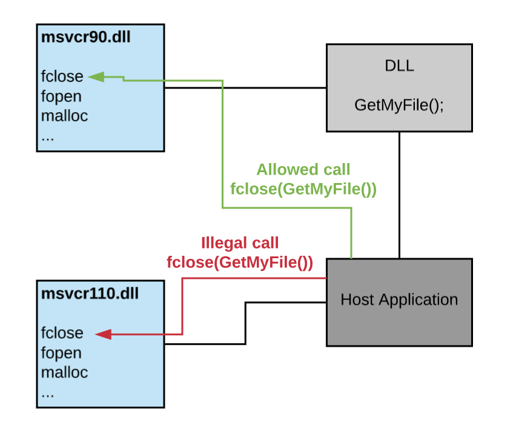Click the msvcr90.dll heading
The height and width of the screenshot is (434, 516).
click(x=85, y=38)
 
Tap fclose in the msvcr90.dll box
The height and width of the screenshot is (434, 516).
click(x=62, y=77)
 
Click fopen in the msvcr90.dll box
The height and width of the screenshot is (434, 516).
click(x=61, y=96)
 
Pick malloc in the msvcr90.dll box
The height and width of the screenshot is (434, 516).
click(x=64, y=116)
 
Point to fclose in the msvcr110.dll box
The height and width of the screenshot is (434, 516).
click(x=62, y=333)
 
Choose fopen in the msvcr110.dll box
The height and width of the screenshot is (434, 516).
click(x=61, y=353)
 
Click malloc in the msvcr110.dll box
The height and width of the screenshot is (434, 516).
click(x=64, y=372)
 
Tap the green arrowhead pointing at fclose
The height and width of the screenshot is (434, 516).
click(x=98, y=77)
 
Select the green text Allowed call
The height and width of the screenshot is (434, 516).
click(x=303, y=169)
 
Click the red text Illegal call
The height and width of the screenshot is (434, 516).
click(x=239, y=244)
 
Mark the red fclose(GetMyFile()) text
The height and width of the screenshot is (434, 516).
click(x=239, y=263)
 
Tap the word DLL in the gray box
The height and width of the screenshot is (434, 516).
click(x=399, y=66)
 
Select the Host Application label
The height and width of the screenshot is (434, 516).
click(x=399, y=299)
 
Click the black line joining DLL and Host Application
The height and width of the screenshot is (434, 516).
click(x=399, y=194)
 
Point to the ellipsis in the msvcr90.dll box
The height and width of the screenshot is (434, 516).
click(x=48, y=136)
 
